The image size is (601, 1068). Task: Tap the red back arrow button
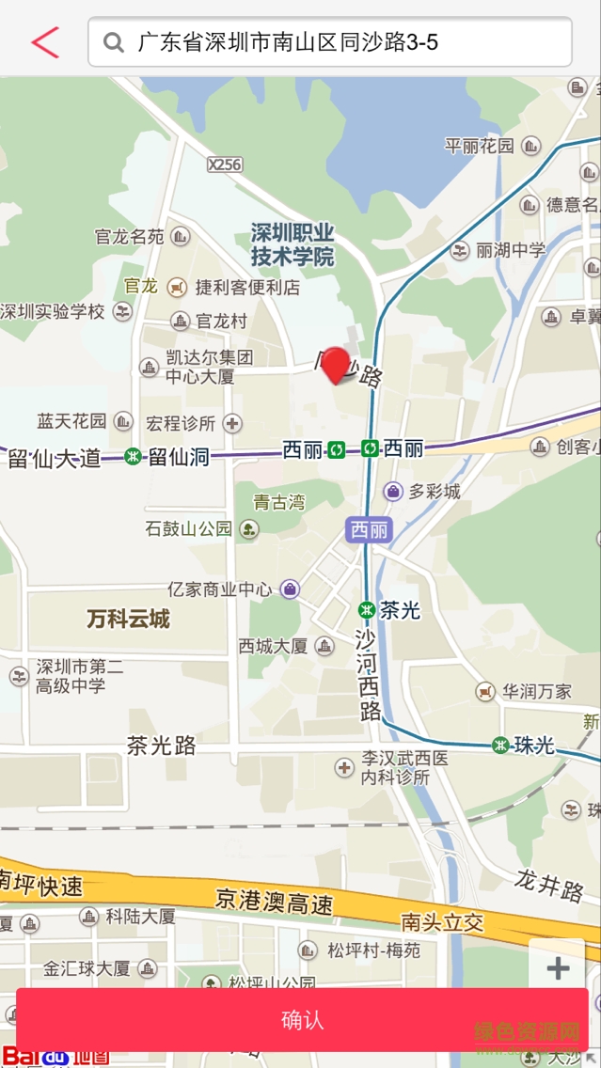[x=44, y=42]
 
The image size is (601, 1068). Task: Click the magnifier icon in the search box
[x=114, y=42]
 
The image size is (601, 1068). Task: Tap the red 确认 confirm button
[x=302, y=1019]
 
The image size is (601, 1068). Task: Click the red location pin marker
[x=335, y=365]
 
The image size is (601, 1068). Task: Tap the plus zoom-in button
[x=558, y=968]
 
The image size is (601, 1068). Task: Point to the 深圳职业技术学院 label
[x=293, y=244]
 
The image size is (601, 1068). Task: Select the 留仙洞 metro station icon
[x=134, y=457]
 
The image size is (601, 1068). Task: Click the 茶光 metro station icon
[x=367, y=609]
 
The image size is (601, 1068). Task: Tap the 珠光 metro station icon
[x=500, y=746]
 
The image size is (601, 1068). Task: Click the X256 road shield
[x=225, y=165]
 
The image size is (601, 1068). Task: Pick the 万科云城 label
[x=128, y=619]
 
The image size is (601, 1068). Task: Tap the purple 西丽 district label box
[x=369, y=530]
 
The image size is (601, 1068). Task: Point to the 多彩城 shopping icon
[x=393, y=491]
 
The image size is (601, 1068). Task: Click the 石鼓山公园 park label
[x=188, y=528]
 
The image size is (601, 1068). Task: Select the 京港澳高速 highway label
[x=274, y=902]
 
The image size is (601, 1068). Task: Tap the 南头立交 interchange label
[x=442, y=921]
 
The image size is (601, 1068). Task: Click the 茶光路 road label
[x=161, y=746]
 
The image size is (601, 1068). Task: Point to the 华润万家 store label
[x=536, y=692]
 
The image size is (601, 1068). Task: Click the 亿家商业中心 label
[x=220, y=589]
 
